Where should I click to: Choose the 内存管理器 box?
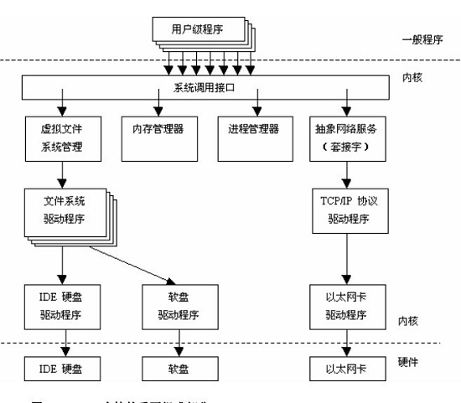[x=158, y=132]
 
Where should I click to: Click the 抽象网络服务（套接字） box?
[x=346, y=140]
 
